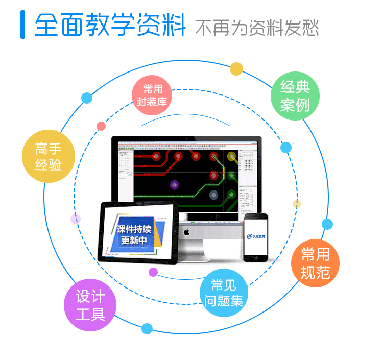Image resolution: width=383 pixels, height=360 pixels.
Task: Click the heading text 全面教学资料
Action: click(110, 25)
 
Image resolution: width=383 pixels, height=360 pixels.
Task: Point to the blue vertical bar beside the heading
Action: click(22, 24)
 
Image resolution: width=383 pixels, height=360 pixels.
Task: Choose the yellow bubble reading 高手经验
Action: click(49, 157)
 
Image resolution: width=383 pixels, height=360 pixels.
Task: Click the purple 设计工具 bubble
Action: click(90, 305)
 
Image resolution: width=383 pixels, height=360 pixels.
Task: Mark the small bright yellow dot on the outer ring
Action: click(236, 69)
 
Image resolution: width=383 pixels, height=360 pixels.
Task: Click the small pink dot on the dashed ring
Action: click(101, 126)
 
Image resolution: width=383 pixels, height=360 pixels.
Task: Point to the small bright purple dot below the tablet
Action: click(153, 272)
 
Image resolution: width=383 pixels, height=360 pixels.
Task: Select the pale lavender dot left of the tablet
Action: click(76, 219)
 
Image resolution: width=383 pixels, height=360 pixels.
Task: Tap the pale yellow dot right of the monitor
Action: click(297, 204)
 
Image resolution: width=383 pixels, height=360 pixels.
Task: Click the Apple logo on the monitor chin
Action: click(187, 233)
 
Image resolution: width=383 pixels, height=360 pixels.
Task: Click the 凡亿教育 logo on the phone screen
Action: click(256, 236)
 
